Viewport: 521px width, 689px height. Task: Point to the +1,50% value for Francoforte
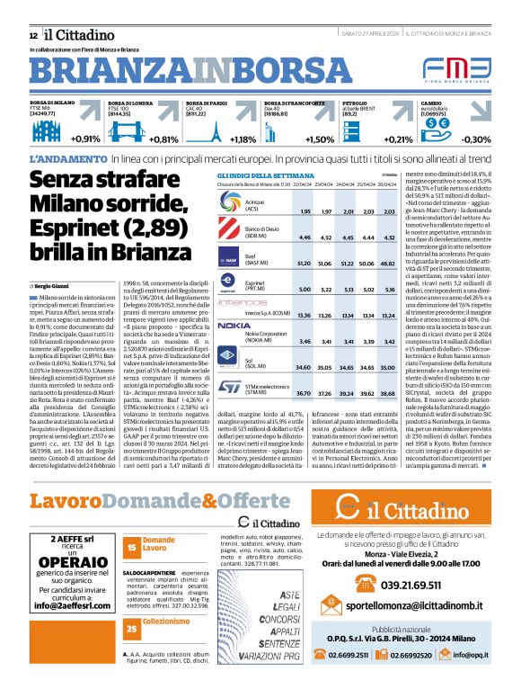pos(319,139)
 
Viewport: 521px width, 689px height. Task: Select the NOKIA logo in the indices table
pos(234,325)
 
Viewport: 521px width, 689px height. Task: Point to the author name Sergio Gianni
pos(51,259)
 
